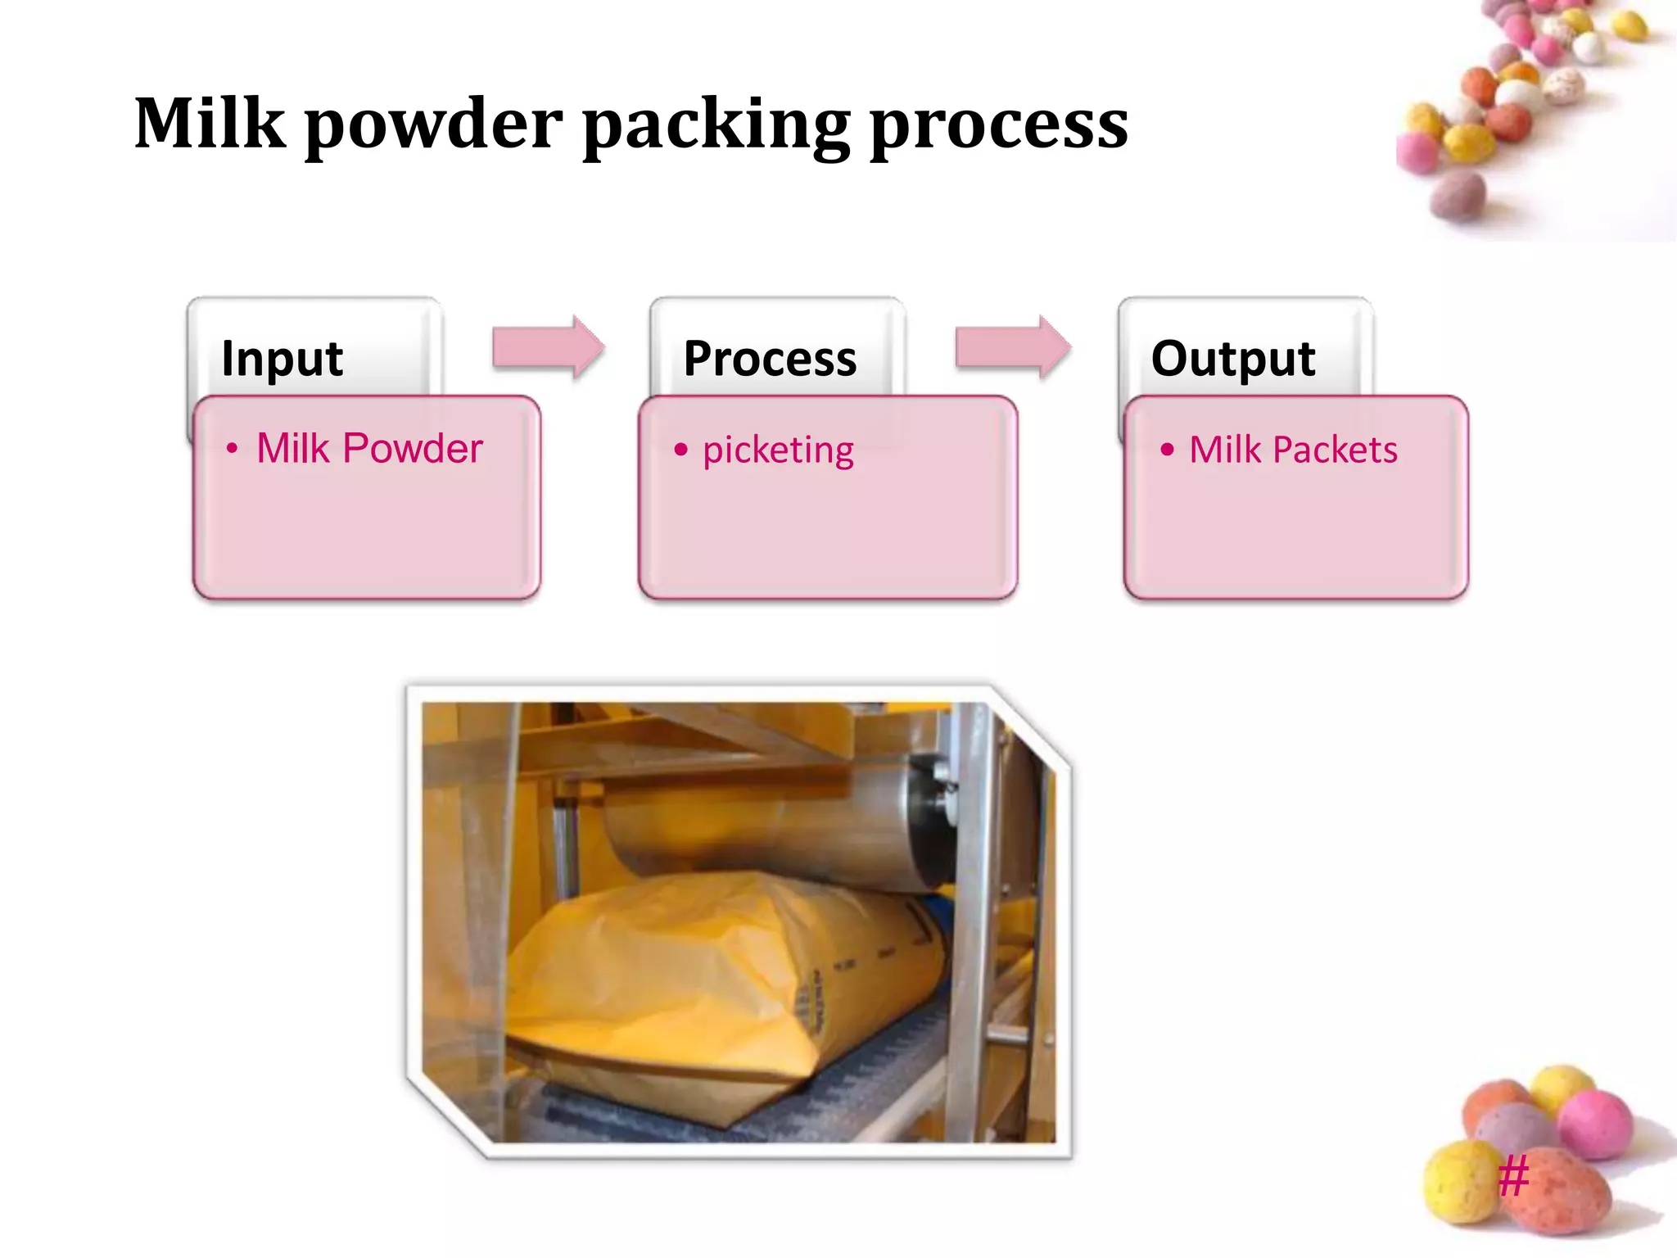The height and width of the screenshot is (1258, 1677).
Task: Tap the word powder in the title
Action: pos(434,124)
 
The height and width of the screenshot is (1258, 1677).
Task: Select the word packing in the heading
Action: pos(716,124)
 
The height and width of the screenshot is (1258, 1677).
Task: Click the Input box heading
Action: pos(282,359)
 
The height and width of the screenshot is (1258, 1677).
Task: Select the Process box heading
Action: pos(770,359)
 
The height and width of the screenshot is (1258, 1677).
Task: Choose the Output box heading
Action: pos(1232,359)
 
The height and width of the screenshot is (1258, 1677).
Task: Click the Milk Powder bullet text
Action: pos(369,449)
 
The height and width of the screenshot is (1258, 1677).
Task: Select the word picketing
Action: pos(778,450)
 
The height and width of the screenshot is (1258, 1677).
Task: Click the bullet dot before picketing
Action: pos(680,449)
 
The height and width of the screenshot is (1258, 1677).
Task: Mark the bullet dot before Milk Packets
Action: pos(1167,449)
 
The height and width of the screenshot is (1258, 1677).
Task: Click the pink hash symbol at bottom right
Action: pos(1513,1176)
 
